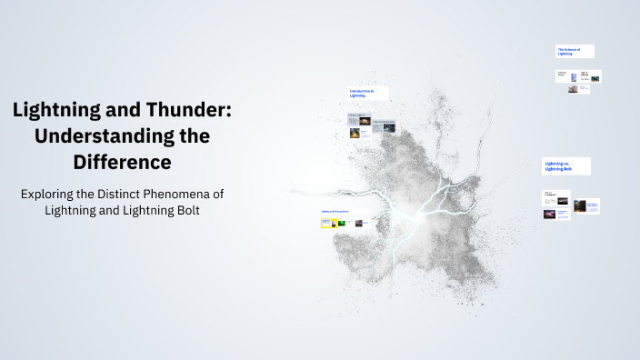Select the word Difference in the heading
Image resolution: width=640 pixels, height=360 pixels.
pos(122,163)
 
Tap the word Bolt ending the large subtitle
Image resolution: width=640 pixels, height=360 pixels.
pos(183,211)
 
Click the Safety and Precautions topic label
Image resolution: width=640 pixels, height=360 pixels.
pos(335,212)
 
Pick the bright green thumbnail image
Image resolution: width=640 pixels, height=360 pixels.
pos(341,223)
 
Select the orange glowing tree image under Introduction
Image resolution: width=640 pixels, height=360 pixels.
pos(355,133)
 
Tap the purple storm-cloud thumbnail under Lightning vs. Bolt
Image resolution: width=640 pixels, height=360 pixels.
pos(549,215)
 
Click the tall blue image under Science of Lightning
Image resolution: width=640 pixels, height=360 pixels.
pos(574,77)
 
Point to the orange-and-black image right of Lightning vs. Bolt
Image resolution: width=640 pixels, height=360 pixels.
pos(579,206)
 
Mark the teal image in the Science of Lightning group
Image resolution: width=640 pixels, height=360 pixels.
pos(595,78)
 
